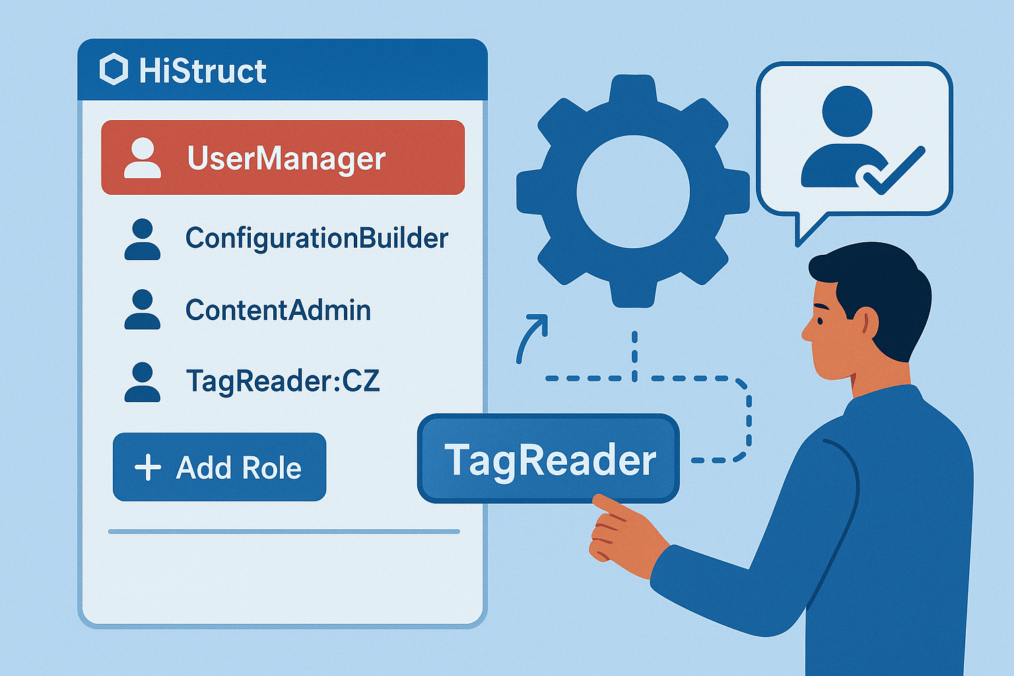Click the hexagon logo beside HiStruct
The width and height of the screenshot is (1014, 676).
pyautogui.click(x=114, y=70)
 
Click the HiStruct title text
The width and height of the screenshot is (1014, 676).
pyautogui.click(x=203, y=71)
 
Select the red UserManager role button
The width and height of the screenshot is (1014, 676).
pyautogui.click(x=283, y=158)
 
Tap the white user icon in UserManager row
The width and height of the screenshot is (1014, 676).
pyautogui.click(x=143, y=158)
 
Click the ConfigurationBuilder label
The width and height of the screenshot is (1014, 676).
pyautogui.click(x=317, y=238)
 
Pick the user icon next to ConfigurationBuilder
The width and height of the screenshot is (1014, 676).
pyautogui.click(x=143, y=240)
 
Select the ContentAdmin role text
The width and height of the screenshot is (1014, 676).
pyautogui.click(x=278, y=310)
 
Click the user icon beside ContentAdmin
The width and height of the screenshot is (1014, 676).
pyautogui.click(x=143, y=310)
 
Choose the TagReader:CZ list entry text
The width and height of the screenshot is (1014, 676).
pyautogui.click(x=283, y=381)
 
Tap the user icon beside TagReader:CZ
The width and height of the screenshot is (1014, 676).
pyautogui.click(x=143, y=382)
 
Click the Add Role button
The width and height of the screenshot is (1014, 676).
pyautogui.click(x=219, y=467)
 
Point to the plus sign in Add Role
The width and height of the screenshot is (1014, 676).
pyautogui.click(x=148, y=467)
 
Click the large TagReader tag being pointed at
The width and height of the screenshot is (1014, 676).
pyautogui.click(x=549, y=459)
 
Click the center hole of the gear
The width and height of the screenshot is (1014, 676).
pyautogui.click(x=632, y=191)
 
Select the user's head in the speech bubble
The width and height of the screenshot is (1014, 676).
pyautogui.click(x=847, y=111)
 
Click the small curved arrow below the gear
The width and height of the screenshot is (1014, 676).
pyautogui.click(x=531, y=337)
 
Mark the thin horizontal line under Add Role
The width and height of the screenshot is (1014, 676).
pyautogui.click(x=284, y=531)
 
